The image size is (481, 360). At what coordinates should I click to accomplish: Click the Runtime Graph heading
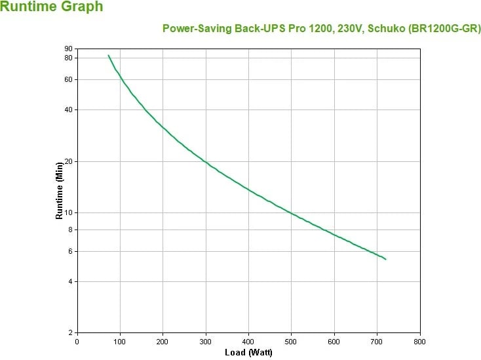(x=52, y=8)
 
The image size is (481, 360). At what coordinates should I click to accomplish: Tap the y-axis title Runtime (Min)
(x=59, y=190)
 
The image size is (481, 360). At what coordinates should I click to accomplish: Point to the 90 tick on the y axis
(x=68, y=49)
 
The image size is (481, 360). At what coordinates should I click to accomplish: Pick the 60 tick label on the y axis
(x=68, y=79)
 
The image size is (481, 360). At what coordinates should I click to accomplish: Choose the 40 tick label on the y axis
(x=68, y=110)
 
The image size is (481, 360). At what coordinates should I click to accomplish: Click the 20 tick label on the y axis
(x=68, y=161)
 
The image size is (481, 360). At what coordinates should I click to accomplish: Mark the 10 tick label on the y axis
(x=68, y=212)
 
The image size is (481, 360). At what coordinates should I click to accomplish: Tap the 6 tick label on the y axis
(x=70, y=251)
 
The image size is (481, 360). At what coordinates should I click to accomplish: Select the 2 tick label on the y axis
(x=70, y=332)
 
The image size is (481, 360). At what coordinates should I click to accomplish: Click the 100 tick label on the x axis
(x=120, y=341)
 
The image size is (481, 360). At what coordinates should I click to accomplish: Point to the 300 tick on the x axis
(x=206, y=341)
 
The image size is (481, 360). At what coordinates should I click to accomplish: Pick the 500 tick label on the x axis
(x=292, y=341)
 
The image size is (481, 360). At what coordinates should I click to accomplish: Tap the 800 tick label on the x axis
(x=420, y=341)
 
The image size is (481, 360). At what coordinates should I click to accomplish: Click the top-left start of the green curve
(x=108, y=55)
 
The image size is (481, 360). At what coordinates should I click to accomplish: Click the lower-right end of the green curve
(x=385, y=259)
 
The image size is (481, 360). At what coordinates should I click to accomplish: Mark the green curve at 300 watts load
(x=206, y=162)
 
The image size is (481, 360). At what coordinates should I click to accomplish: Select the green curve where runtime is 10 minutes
(x=292, y=213)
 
